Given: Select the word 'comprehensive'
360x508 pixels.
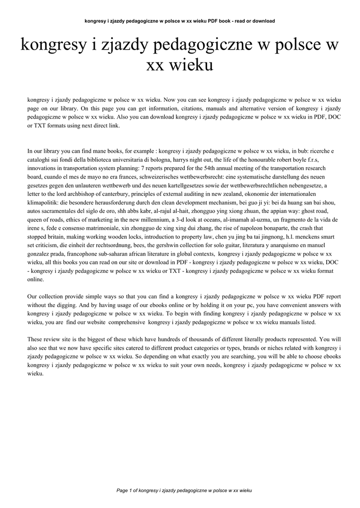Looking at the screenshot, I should [122, 322].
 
